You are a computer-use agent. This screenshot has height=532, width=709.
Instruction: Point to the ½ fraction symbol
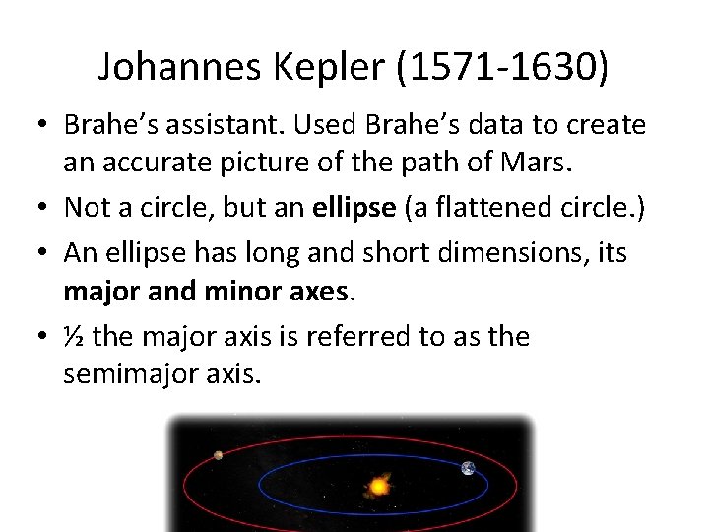click(73, 337)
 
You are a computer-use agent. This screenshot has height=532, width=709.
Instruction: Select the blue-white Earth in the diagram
click(468, 468)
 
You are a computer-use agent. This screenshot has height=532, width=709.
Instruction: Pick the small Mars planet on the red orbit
click(218, 455)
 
